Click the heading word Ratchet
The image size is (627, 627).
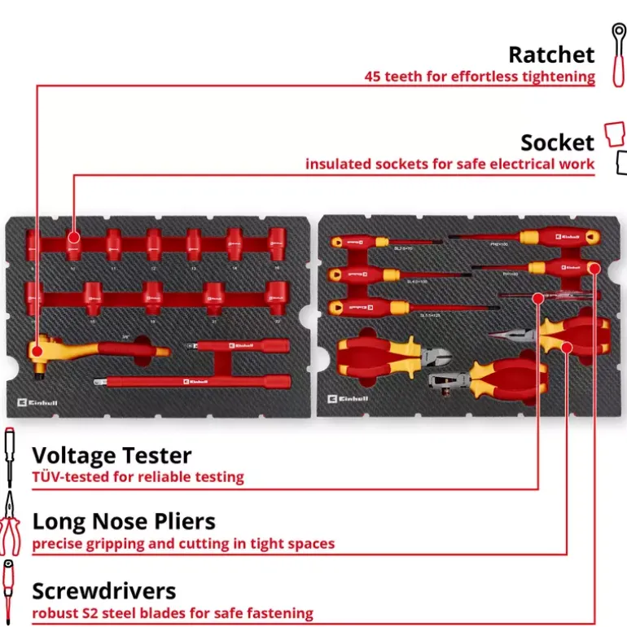pos(551,55)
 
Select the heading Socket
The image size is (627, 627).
pos(558,142)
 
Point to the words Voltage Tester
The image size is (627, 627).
pos(112,454)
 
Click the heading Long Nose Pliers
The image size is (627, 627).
pos(123,521)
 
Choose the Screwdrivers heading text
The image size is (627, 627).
pos(104,590)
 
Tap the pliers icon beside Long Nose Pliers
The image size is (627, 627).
pos(10,524)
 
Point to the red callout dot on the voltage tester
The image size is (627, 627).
pos(537,297)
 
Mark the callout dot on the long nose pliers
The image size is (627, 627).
pos(568,348)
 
